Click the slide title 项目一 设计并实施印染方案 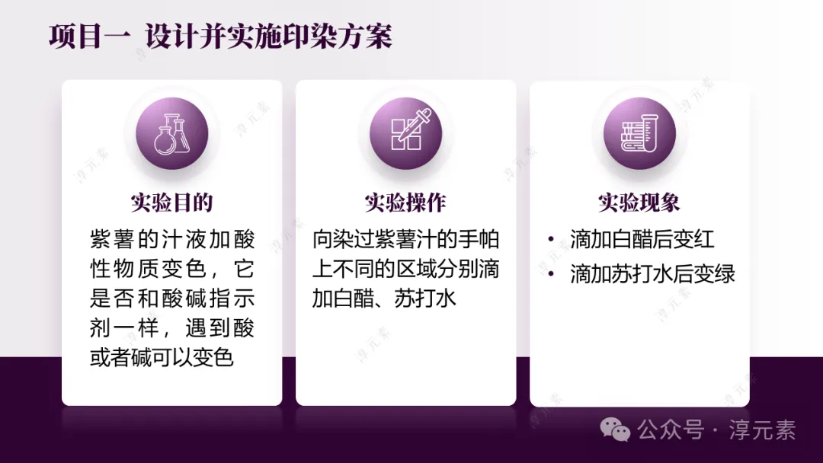(x=220, y=37)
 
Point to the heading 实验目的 (x=171, y=203)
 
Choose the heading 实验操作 (x=405, y=203)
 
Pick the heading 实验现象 (x=639, y=203)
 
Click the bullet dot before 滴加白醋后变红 (x=551, y=240)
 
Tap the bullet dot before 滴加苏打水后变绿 (x=551, y=274)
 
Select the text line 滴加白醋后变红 (x=642, y=240)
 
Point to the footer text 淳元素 (x=762, y=430)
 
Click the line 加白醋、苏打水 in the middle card (x=384, y=298)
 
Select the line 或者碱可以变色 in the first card (x=162, y=357)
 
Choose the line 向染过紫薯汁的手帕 (x=405, y=240)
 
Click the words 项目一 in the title (x=85, y=37)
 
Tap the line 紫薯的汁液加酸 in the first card (x=171, y=240)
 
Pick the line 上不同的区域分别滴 (x=405, y=269)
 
